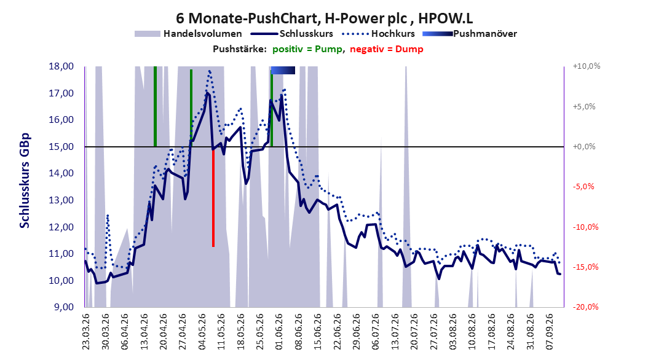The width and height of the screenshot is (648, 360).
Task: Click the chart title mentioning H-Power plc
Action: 324,18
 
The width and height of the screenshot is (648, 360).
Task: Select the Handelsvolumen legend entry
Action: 188,34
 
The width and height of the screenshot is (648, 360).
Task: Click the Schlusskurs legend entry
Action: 292,34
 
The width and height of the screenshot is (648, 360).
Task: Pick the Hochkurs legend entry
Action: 378,34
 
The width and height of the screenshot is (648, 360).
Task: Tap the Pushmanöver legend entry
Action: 470,34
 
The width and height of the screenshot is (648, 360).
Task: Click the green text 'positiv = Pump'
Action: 307,49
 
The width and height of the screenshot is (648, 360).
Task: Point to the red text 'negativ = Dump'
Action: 387,49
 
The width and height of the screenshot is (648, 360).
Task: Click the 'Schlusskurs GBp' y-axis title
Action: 25,180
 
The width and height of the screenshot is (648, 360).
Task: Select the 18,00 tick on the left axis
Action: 61,66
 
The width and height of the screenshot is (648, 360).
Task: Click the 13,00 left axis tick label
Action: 61,200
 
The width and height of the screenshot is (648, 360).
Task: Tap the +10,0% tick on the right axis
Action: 587,66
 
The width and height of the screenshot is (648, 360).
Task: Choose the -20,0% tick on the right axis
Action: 585,307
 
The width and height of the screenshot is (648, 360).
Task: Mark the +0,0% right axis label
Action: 584,147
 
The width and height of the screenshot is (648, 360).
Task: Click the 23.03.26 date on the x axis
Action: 86,332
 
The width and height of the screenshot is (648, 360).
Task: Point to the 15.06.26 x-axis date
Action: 318,332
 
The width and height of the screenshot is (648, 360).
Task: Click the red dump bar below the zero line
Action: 213,197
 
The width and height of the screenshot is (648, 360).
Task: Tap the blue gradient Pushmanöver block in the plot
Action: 283,70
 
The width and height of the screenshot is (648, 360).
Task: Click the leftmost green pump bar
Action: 155,106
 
